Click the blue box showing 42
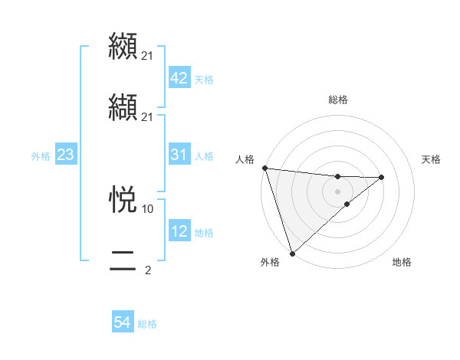click(x=179, y=77)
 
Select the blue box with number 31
click(x=179, y=155)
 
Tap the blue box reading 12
click(x=179, y=231)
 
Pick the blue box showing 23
click(x=65, y=155)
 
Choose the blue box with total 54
click(x=123, y=323)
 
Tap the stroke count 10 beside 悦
click(x=148, y=208)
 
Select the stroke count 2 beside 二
click(x=148, y=270)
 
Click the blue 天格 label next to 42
click(x=204, y=79)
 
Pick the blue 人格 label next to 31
click(x=204, y=156)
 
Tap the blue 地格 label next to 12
click(x=204, y=233)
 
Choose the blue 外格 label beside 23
click(x=41, y=156)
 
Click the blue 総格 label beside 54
click(x=147, y=325)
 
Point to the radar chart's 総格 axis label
click(x=338, y=100)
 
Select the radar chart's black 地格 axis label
click(x=402, y=263)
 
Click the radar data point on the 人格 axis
click(x=264, y=168)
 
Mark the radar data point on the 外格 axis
click(x=291, y=253)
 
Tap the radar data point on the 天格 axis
click(x=382, y=178)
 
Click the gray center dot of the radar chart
click(x=338, y=191)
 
